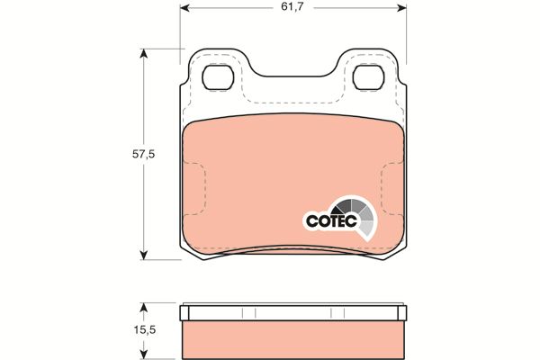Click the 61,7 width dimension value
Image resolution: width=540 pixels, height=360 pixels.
click(x=292, y=7)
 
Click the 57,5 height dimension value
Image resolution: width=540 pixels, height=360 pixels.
click(x=144, y=155)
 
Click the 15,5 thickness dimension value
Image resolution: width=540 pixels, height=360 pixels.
click(x=145, y=330)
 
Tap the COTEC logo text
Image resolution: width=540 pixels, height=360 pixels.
click(x=331, y=220)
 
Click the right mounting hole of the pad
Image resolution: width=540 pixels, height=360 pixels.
click(x=368, y=76)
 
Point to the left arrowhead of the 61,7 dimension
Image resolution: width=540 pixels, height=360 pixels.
click(x=184, y=7)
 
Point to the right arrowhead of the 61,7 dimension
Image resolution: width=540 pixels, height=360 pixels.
click(x=401, y=7)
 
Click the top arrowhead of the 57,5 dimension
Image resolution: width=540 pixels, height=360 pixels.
click(x=144, y=54)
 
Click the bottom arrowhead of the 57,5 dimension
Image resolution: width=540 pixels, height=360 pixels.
click(x=144, y=255)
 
